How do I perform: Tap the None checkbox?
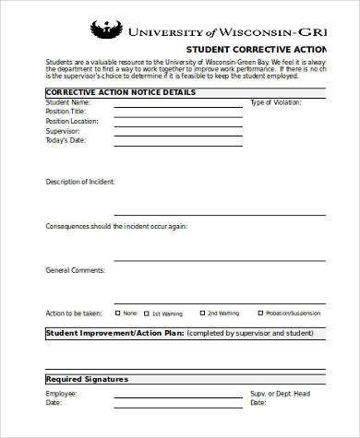coord(117,312)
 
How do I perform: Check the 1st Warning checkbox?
coord(146,312)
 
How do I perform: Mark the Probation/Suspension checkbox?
coord(260,312)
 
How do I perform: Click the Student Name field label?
coord(69,102)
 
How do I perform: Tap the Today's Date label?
coord(66,140)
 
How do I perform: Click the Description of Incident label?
coord(80,182)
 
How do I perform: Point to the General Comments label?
coord(73,270)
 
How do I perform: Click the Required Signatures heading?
coord(87,379)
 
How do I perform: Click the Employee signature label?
coord(62,394)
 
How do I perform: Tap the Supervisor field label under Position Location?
coord(63,131)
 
